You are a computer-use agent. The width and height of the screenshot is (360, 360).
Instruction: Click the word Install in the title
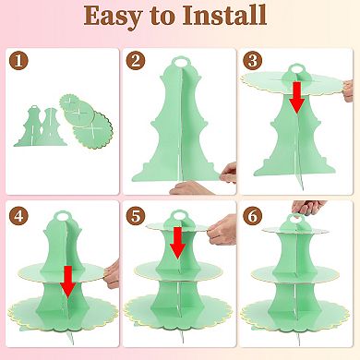coord(224,15)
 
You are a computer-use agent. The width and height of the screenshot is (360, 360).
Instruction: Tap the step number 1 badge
coord(18,61)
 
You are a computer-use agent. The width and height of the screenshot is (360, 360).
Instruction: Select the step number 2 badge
coord(136,61)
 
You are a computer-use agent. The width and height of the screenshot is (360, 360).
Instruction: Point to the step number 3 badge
coord(252,61)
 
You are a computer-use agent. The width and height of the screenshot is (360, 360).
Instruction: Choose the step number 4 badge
coord(18,216)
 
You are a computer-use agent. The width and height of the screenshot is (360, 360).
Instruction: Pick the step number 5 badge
coord(136,216)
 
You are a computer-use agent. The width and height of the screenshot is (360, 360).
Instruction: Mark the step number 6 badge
coord(252,216)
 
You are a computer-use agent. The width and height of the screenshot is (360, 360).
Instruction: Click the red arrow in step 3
coord(296,98)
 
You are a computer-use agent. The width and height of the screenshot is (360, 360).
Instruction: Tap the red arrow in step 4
coord(68,282)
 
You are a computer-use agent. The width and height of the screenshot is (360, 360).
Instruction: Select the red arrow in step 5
coord(178,243)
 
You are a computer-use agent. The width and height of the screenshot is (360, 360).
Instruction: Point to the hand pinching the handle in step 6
coord(308,209)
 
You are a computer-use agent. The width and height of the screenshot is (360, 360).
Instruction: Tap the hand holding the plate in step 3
coord(348,90)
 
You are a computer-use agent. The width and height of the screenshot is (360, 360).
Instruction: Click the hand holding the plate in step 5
coord(222,230)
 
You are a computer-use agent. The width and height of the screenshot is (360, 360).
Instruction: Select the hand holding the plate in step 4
coord(112,274)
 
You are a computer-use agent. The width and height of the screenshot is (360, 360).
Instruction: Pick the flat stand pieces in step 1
coord(38,126)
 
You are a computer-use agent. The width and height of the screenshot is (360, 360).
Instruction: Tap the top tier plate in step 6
coord(295,230)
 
